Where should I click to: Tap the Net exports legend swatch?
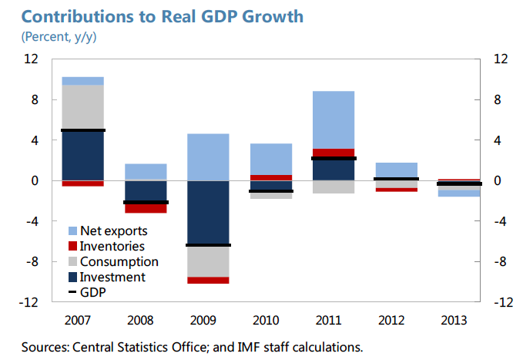click(x=73, y=231)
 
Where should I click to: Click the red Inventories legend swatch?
click(x=73, y=247)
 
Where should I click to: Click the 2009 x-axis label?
click(x=208, y=319)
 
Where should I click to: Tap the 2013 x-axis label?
click(x=458, y=319)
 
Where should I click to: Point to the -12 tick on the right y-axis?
click(x=501, y=303)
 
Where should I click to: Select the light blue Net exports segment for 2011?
click(x=334, y=119)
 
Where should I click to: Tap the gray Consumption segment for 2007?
click(x=83, y=106)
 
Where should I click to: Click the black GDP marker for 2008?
click(x=146, y=203)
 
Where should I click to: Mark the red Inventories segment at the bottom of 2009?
click(x=208, y=280)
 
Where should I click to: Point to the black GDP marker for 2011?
click(x=334, y=159)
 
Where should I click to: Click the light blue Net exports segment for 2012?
click(x=396, y=170)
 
